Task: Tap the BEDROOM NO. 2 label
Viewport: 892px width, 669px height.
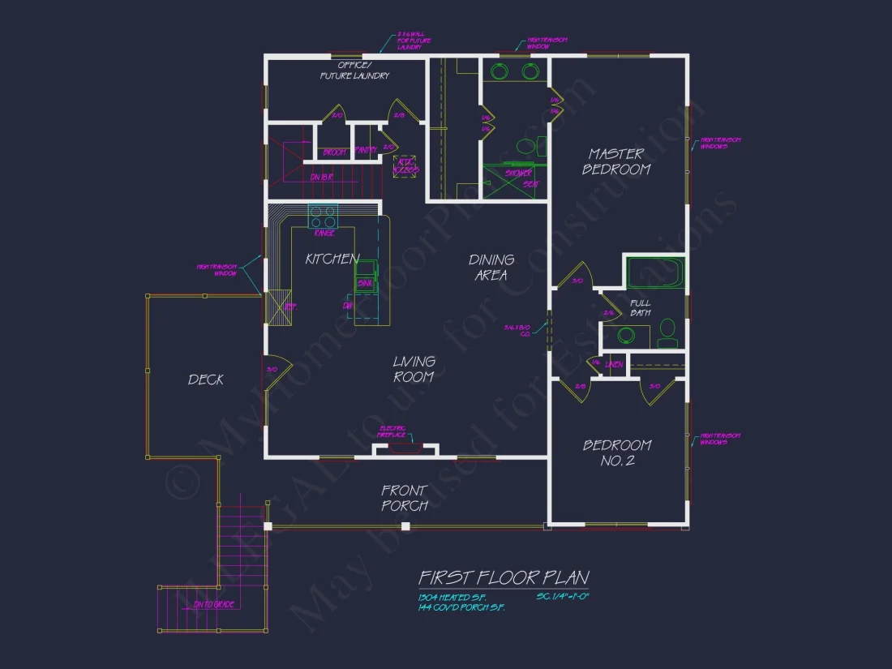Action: (617, 453)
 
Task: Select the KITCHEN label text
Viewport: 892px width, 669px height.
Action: (332, 259)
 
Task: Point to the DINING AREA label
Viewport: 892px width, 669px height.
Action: (491, 268)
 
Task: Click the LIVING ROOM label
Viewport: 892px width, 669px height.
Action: (414, 369)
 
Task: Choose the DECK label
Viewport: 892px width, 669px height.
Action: (206, 380)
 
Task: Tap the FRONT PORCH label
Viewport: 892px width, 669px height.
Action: (405, 498)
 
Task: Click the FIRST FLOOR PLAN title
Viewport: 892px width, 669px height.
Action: (503, 577)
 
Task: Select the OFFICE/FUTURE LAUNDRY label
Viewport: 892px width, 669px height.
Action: (354, 70)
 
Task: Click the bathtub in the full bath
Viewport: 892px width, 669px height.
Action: (656, 272)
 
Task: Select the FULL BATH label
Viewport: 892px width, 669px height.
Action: (640, 307)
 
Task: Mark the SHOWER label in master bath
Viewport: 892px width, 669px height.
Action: (518, 174)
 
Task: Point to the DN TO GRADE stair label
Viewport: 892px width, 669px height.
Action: (212, 605)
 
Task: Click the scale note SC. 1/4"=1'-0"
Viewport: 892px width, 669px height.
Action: (562, 597)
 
